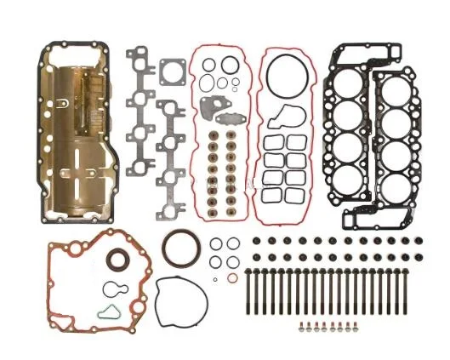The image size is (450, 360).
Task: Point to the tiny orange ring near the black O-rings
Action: tap(232, 278)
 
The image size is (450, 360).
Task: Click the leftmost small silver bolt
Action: tap(301, 326)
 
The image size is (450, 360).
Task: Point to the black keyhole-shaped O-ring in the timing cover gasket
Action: tap(112, 288)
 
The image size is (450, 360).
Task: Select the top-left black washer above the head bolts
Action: tap(255, 241)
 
